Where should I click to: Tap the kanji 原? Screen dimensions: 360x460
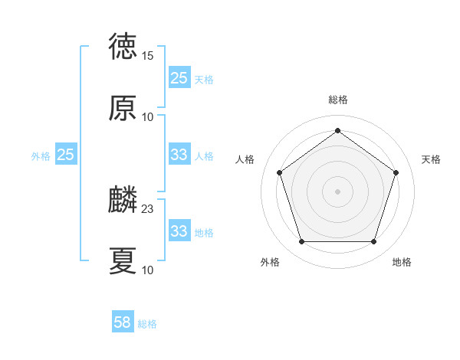[x=123, y=109]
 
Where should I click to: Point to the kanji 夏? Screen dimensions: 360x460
[x=123, y=261]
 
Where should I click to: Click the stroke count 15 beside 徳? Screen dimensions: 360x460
[x=148, y=56]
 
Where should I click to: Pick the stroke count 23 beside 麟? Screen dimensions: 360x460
[x=148, y=208]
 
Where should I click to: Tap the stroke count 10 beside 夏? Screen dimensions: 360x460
[x=148, y=270]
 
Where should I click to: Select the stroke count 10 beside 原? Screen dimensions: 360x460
[x=148, y=117]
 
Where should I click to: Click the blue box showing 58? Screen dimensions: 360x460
[x=123, y=322]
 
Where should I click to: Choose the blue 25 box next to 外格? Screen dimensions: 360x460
[x=66, y=155]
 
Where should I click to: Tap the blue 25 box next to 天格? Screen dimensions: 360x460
[x=179, y=78]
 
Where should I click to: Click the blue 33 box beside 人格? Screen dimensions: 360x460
[x=179, y=155]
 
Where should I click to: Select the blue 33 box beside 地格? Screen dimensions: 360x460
[x=179, y=231]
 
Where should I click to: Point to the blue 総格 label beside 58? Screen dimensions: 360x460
[x=147, y=324]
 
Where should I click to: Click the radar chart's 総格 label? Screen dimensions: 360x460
[x=338, y=100]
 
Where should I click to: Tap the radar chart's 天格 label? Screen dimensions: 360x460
[x=432, y=159]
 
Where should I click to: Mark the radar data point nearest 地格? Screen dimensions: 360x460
[x=373, y=242]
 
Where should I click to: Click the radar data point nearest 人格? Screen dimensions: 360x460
[x=279, y=172]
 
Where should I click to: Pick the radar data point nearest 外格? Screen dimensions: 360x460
[x=301, y=242]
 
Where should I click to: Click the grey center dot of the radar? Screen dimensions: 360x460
[x=337, y=191]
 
